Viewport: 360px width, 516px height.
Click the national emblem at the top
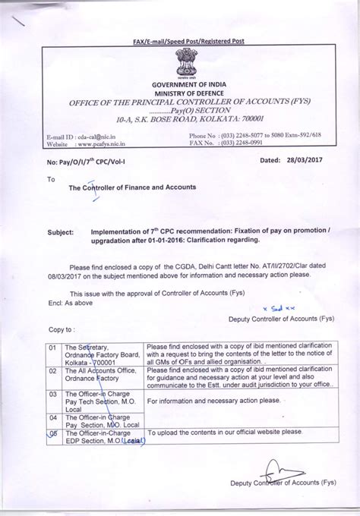[x=185, y=61]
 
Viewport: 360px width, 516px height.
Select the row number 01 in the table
[x=52, y=346]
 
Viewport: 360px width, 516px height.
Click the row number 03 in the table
[x=52, y=395]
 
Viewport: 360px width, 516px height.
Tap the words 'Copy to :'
[x=62, y=330]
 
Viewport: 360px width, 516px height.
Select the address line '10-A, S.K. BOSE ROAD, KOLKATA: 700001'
[x=185, y=120]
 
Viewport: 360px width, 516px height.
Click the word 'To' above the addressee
[x=51, y=180]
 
